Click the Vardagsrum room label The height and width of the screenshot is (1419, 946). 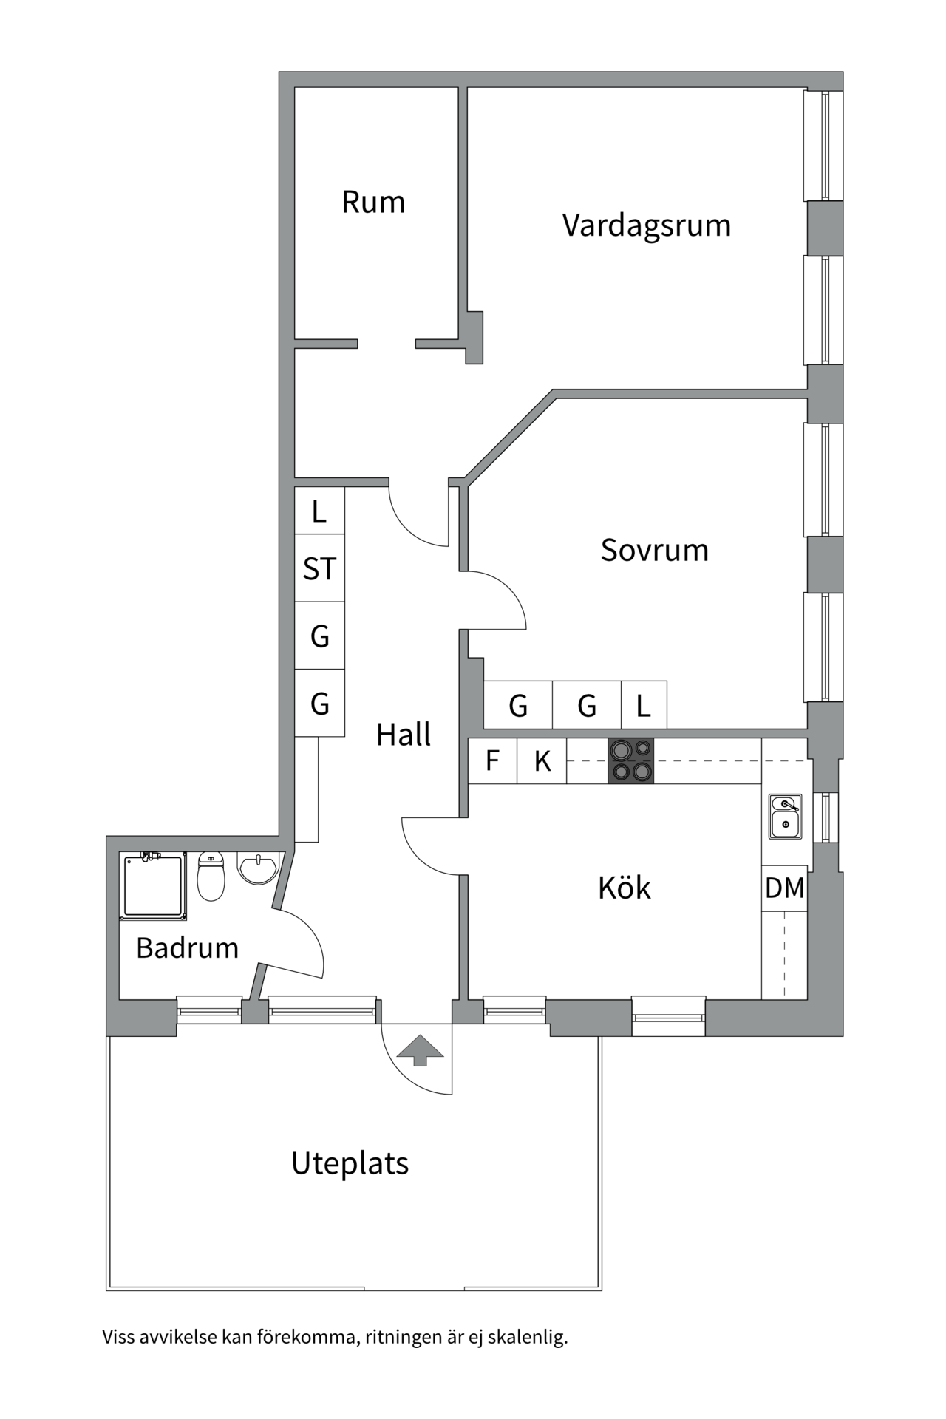click(x=646, y=225)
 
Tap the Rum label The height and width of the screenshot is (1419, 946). click(x=373, y=203)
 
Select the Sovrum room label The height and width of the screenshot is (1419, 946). click(x=654, y=551)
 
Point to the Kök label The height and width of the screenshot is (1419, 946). click(x=624, y=888)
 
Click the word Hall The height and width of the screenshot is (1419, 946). click(x=404, y=735)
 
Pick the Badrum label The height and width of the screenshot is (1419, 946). click(x=187, y=947)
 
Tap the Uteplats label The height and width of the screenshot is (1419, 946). click(x=350, y=1163)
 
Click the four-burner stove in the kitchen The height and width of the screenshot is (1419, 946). click(x=630, y=760)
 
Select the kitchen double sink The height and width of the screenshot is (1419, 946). click(x=785, y=817)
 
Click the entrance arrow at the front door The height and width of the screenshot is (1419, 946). click(x=420, y=1050)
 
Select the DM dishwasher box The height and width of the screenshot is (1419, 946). click(x=784, y=888)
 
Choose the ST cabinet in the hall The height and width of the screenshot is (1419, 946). click(x=319, y=568)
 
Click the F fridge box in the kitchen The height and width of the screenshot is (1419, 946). click(x=492, y=760)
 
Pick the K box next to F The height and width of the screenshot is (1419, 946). click(x=542, y=760)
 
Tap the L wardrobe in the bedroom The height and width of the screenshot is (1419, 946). click(x=644, y=706)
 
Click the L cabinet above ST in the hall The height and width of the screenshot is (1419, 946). click(x=319, y=511)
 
